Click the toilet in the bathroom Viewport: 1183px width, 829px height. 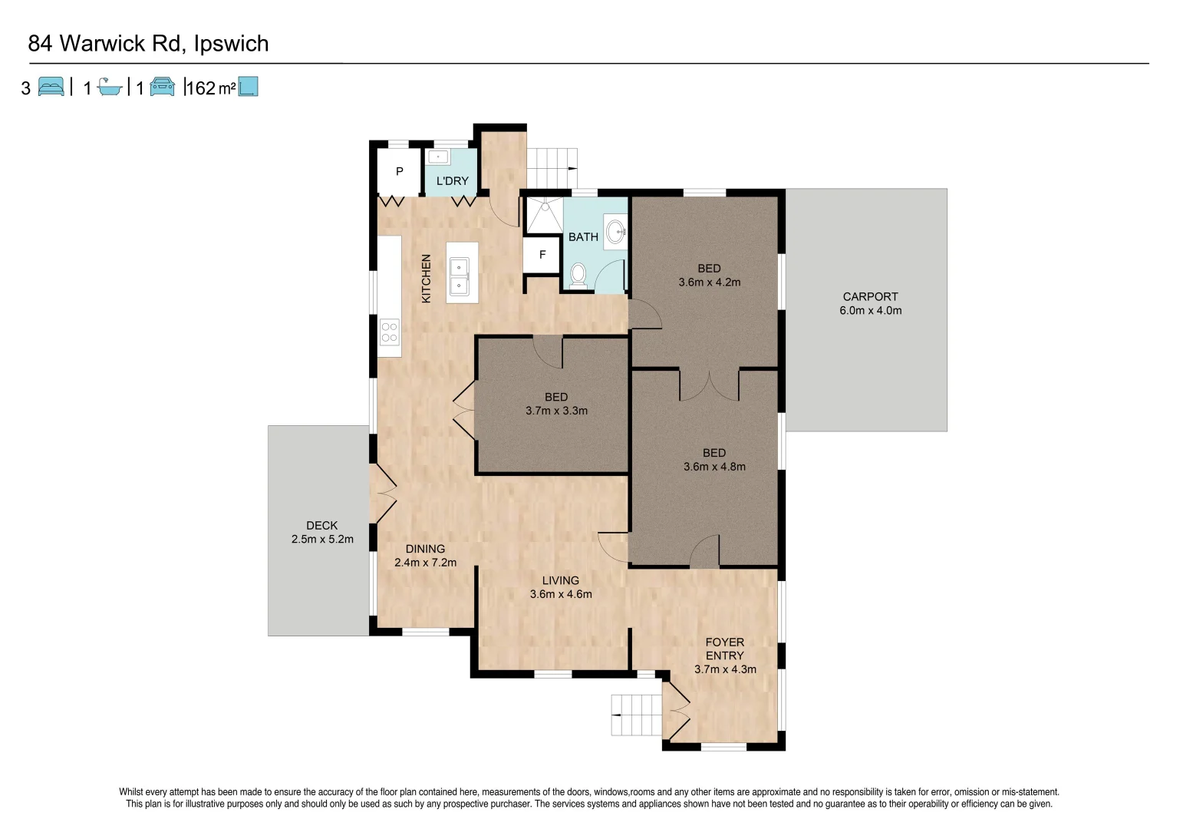tap(578, 274)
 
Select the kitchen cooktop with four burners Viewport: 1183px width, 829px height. tap(389, 332)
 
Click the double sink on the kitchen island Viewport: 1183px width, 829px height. tap(459, 276)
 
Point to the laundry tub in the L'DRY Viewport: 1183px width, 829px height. tap(437, 157)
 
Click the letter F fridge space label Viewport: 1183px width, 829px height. tap(542, 255)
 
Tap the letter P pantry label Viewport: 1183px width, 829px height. tap(399, 171)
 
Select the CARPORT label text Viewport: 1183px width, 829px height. tap(870, 296)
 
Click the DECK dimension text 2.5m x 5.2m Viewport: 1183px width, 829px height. tap(322, 539)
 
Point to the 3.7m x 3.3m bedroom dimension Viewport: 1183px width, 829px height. tap(556, 411)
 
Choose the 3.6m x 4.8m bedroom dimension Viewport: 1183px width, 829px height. tap(714, 466)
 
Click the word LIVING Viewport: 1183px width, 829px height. tap(560, 580)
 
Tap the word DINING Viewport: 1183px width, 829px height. tap(425, 549)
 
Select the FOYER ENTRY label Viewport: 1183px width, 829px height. tap(724, 649)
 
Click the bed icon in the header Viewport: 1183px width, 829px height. tap(51, 87)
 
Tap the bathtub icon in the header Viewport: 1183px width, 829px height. tap(110, 88)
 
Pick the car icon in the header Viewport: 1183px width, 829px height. tap(162, 87)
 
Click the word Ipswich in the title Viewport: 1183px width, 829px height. tap(231, 44)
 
